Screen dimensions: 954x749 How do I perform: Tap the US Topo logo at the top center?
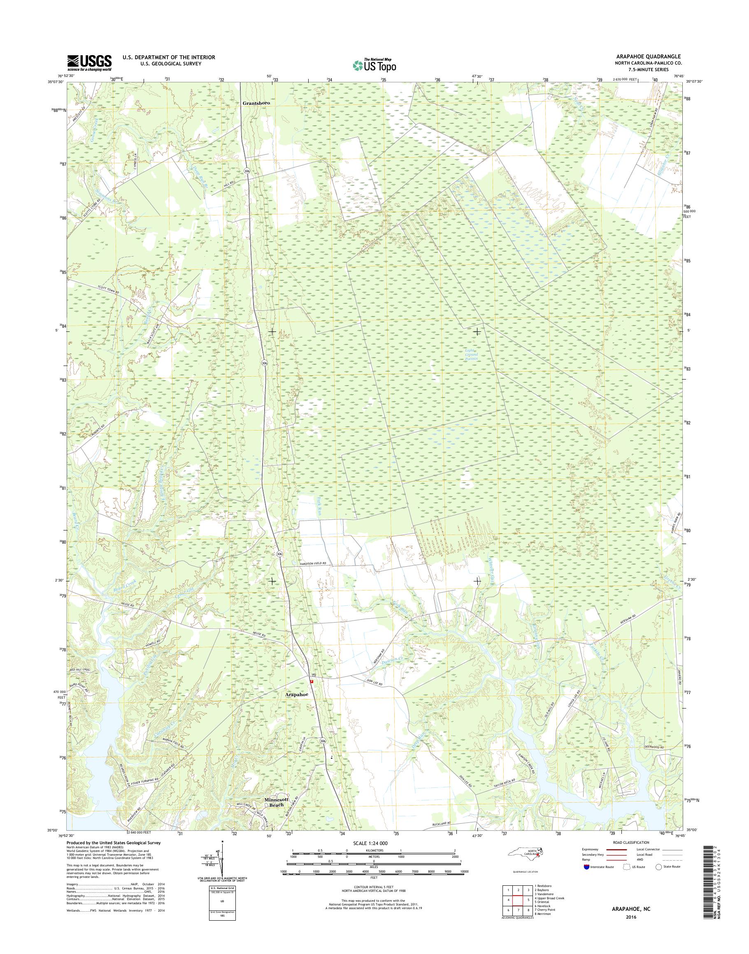coord(374,65)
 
